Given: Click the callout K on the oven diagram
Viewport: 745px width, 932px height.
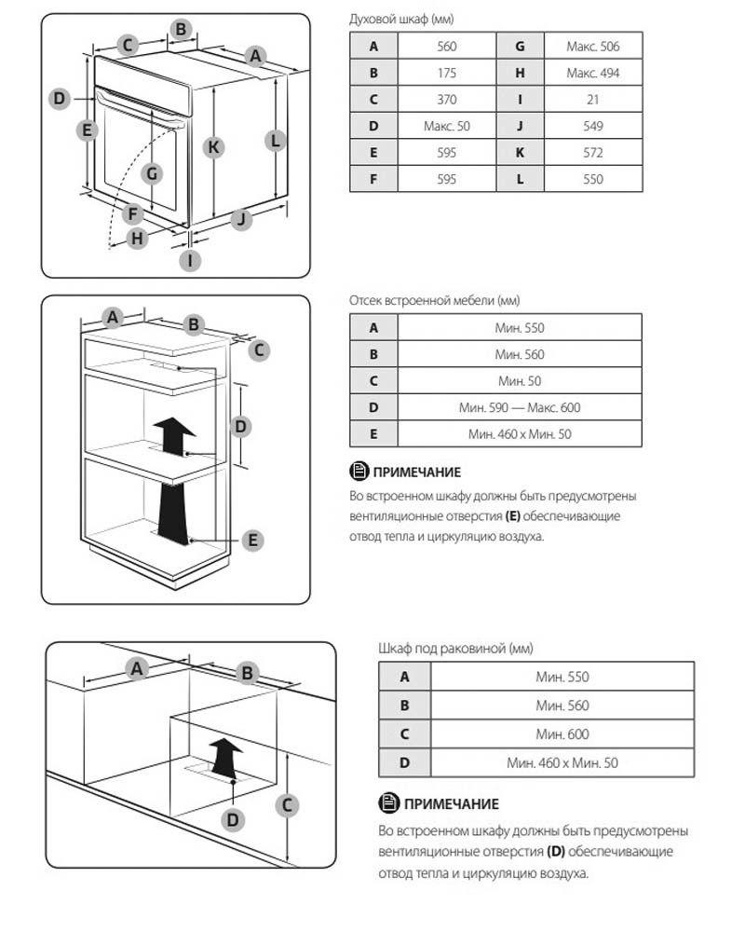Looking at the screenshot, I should [214, 147].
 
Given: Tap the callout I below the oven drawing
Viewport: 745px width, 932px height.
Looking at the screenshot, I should [189, 261].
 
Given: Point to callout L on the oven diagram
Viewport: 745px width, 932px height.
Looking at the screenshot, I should [275, 142].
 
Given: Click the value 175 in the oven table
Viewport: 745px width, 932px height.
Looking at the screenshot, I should [446, 73].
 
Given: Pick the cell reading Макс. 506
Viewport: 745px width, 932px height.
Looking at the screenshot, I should [592, 46].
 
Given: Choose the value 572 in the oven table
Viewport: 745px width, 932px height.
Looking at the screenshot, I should [592, 153].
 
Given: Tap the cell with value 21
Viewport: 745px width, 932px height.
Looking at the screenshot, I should [592, 100].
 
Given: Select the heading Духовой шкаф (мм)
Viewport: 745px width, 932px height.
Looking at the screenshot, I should [401, 19].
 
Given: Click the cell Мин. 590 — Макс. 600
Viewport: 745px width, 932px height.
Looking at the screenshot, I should [520, 407].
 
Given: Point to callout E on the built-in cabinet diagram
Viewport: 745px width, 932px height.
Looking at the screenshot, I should [251, 539].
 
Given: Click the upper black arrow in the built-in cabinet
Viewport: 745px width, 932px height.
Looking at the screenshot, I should [173, 434].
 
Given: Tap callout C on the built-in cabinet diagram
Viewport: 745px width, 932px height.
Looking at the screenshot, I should [260, 349].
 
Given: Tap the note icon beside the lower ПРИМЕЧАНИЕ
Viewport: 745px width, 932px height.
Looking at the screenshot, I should [387, 803].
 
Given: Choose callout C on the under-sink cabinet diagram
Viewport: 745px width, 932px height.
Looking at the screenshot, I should [288, 803].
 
